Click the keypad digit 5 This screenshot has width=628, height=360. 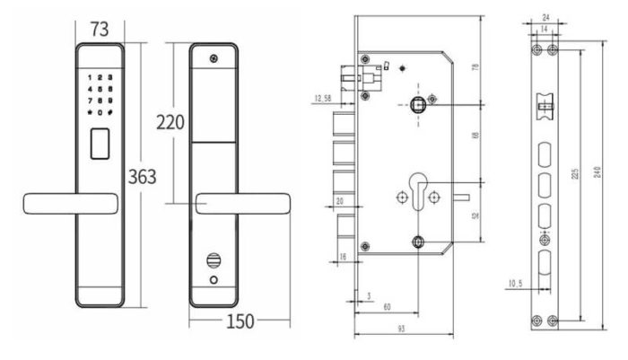(x=99, y=89)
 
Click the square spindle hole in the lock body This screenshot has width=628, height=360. (x=418, y=104)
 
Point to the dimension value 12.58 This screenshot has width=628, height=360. (x=327, y=99)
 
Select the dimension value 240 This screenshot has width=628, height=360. (x=599, y=178)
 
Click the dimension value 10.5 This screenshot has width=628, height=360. (x=514, y=284)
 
